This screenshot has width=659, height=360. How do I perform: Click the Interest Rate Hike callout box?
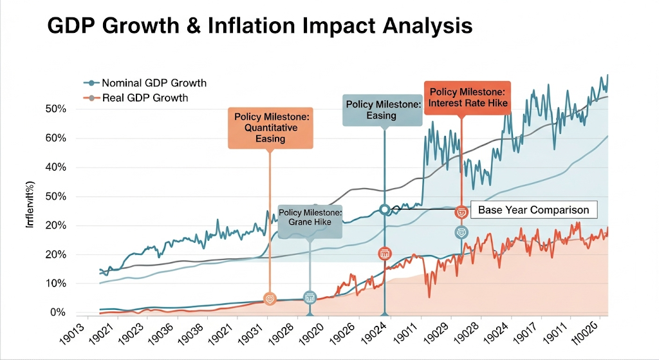pos(467,98)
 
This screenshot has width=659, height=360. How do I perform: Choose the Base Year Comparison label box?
pos(534,210)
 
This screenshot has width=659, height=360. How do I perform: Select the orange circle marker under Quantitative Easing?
pos(270,299)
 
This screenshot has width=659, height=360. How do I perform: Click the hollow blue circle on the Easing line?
pos(385,209)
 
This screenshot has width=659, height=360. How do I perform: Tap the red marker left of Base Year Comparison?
pos(461,212)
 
